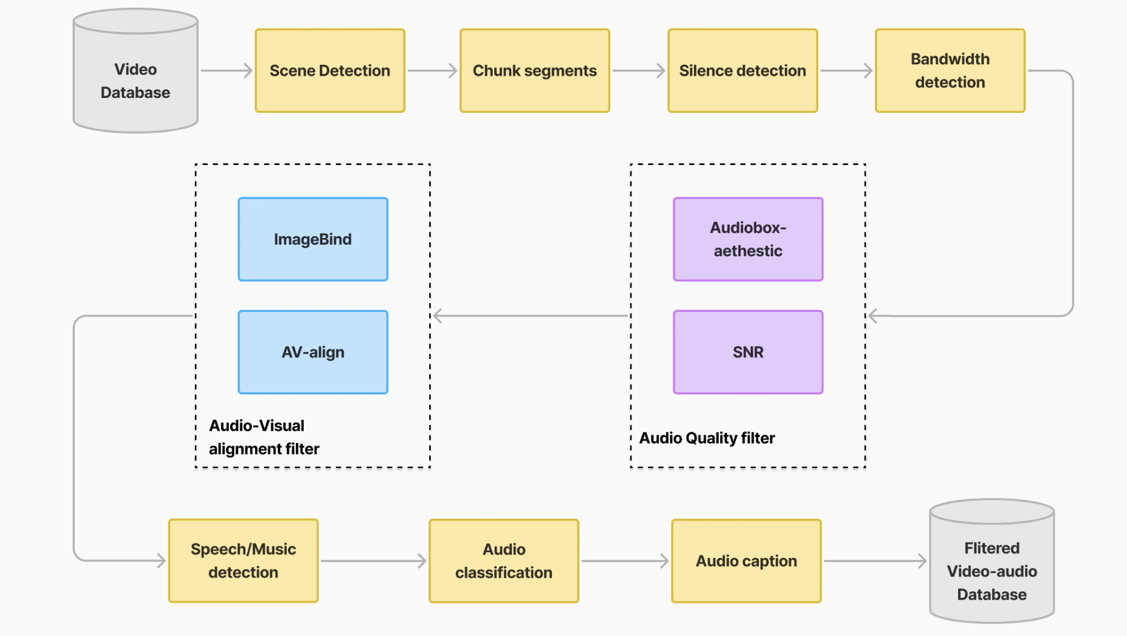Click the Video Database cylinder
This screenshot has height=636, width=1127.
pyautogui.click(x=135, y=77)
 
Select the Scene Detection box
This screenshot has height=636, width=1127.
pyautogui.click(x=330, y=71)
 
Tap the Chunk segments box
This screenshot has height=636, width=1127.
pyautogui.click(x=535, y=71)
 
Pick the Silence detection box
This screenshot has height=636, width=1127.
pyautogui.click(x=742, y=71)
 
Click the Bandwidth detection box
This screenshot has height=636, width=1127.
pyautogui.click(x=950, y=71)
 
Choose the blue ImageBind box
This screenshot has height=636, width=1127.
pyautogui.click(x=313, y=239)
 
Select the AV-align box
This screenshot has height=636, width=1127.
pyautogui.click(x=313, y=352)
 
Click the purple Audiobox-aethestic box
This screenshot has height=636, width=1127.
pyautogui.click(x=748, y=239)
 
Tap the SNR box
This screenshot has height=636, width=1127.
pyautogui.click(x=748, y=352)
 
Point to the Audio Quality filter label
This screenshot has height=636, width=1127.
pyautogui.click(x=707, y=438)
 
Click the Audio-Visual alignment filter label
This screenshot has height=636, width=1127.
pyautogui.click(x=264, y=437)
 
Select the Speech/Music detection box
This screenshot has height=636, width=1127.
pyautogui.click(x=243, y=561)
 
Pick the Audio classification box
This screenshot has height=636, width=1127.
pyautogui.click(x=504, y=561)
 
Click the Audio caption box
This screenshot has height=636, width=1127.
pyautogui.click(x=746, y=561)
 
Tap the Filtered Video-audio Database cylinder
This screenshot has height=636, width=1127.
pyautogui.click(x=992, y=567)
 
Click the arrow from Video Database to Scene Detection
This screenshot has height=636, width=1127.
pyautogui.click(x=226, y=71)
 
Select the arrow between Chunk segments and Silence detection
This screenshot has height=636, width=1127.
pyautogui.click(x=638, y=71)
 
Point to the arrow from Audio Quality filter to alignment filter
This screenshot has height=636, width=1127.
pyautogui.click(x=530, y=316)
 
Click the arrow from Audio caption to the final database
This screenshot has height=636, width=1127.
pyautogui.click(x=875, y=561)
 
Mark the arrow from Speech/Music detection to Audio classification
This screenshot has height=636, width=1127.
pyautogui.click(x=374, y=561)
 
